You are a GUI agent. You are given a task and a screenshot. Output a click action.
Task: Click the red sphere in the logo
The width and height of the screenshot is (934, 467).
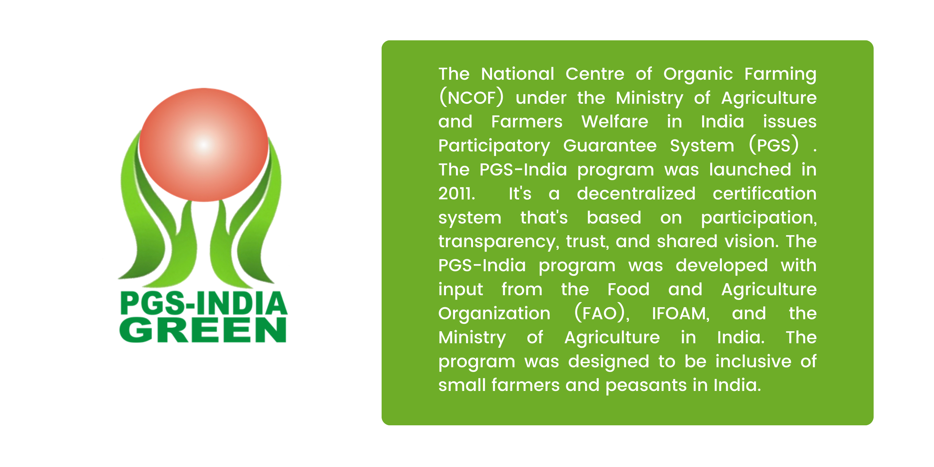tap(203, 145)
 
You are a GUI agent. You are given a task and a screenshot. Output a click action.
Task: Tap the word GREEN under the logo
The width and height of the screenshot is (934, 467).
tap(203, 330)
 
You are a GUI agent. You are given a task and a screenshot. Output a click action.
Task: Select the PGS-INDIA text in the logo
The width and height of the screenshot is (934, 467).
tap(203, 303)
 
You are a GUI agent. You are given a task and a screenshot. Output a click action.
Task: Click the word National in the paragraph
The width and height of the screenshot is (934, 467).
tap(517, 74)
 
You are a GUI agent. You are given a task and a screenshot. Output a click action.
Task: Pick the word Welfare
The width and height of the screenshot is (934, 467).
tap(615, 121)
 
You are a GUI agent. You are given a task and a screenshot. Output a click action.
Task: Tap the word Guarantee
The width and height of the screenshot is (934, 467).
tap(610, 146)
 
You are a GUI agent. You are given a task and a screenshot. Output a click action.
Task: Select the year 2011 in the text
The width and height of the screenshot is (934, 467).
tap(456, 193)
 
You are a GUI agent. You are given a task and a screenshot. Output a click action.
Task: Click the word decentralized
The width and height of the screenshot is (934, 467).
tap(636, 193)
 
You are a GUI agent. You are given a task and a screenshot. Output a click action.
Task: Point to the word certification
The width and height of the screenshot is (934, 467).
tap(765, 193)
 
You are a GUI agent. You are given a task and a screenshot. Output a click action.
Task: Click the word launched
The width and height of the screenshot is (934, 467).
tap(750, 169)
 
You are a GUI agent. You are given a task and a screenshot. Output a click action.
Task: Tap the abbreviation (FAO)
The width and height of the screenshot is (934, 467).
tap(602, 313)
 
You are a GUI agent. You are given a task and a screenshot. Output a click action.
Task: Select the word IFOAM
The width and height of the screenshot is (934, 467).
tap(680, 314)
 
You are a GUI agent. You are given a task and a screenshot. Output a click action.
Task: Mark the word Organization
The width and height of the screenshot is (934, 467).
tap(494, 313)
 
